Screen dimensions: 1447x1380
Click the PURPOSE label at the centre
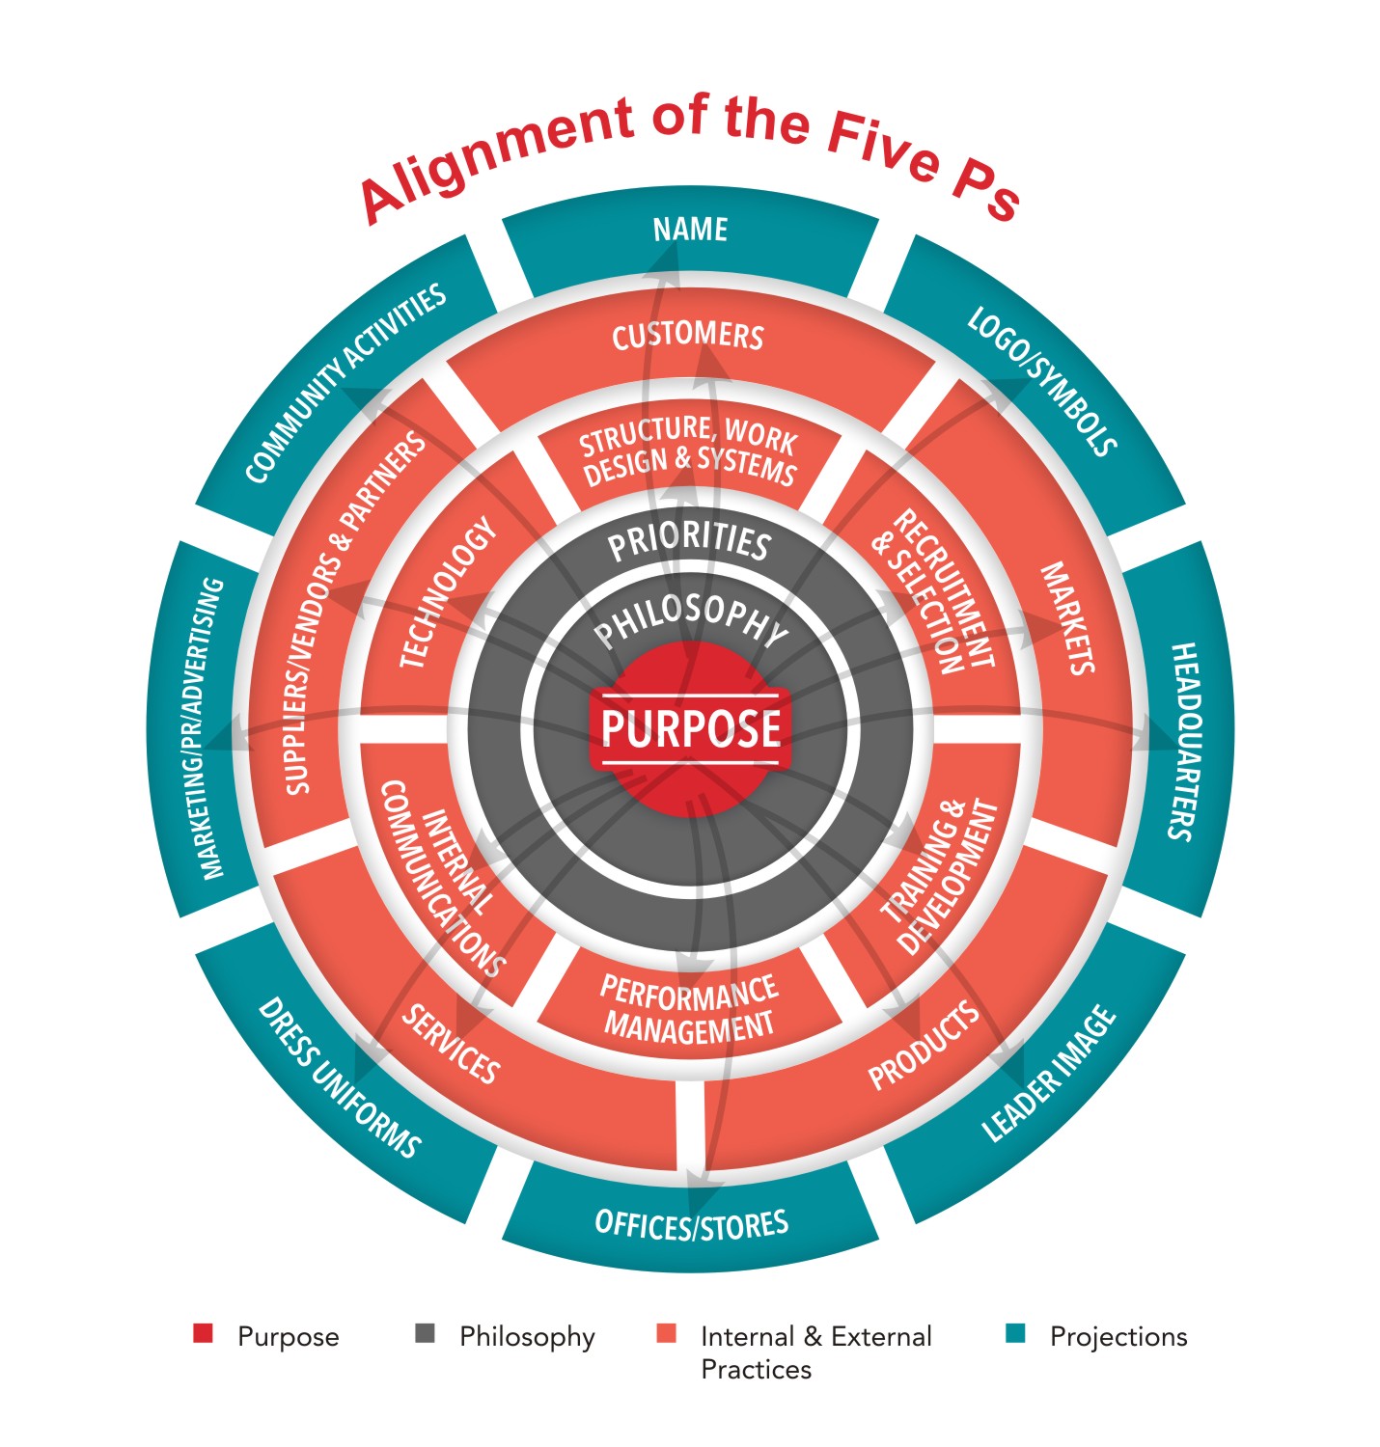[691, 728]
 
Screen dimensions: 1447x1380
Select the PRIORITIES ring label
[689, 542]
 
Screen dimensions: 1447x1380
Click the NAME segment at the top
[690, 230]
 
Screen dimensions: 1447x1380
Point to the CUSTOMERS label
[688, 336]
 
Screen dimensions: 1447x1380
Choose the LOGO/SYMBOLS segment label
[1043, 381]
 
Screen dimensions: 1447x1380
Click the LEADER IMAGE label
[1048, 1075]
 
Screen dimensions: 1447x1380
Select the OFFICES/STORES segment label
[692, 1224]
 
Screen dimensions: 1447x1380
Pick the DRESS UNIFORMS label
[339, 1078]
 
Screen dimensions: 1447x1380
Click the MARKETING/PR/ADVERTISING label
[213, 729]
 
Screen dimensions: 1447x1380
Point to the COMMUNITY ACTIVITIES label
[345, 383]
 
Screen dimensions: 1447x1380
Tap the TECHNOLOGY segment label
[449, 593]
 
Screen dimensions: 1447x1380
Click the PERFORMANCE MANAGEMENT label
[689, 1008]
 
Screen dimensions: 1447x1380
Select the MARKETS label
[1067, 618]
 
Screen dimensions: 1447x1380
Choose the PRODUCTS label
[924, 1046]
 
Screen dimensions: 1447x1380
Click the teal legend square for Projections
[1014, 1334]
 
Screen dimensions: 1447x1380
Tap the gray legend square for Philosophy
[425, 1334]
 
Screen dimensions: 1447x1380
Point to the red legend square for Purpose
[203, 1334]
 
